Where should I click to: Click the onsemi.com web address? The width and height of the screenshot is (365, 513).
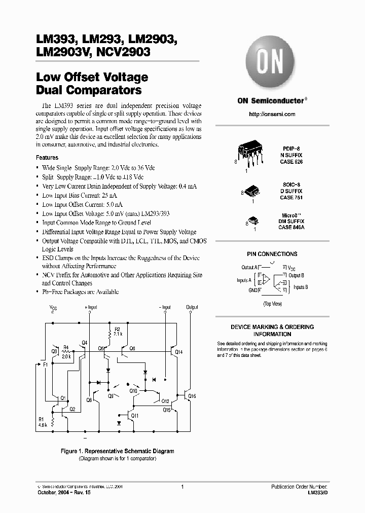tap(272, 115)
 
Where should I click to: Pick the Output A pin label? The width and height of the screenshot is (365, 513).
tap(249, 267)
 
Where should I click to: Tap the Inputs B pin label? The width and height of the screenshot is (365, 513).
tap(301, 287)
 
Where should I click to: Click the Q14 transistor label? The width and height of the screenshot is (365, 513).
tap(178, 351)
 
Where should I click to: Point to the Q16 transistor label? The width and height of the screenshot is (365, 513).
tap(192, 396)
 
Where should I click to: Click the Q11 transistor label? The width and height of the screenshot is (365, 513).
tap(135, 416)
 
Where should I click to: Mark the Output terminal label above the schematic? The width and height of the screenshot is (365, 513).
tap(192, 307)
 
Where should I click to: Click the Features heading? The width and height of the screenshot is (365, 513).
tap(47, 158)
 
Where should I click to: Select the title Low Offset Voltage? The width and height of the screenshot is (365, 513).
tap(92, 78)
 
